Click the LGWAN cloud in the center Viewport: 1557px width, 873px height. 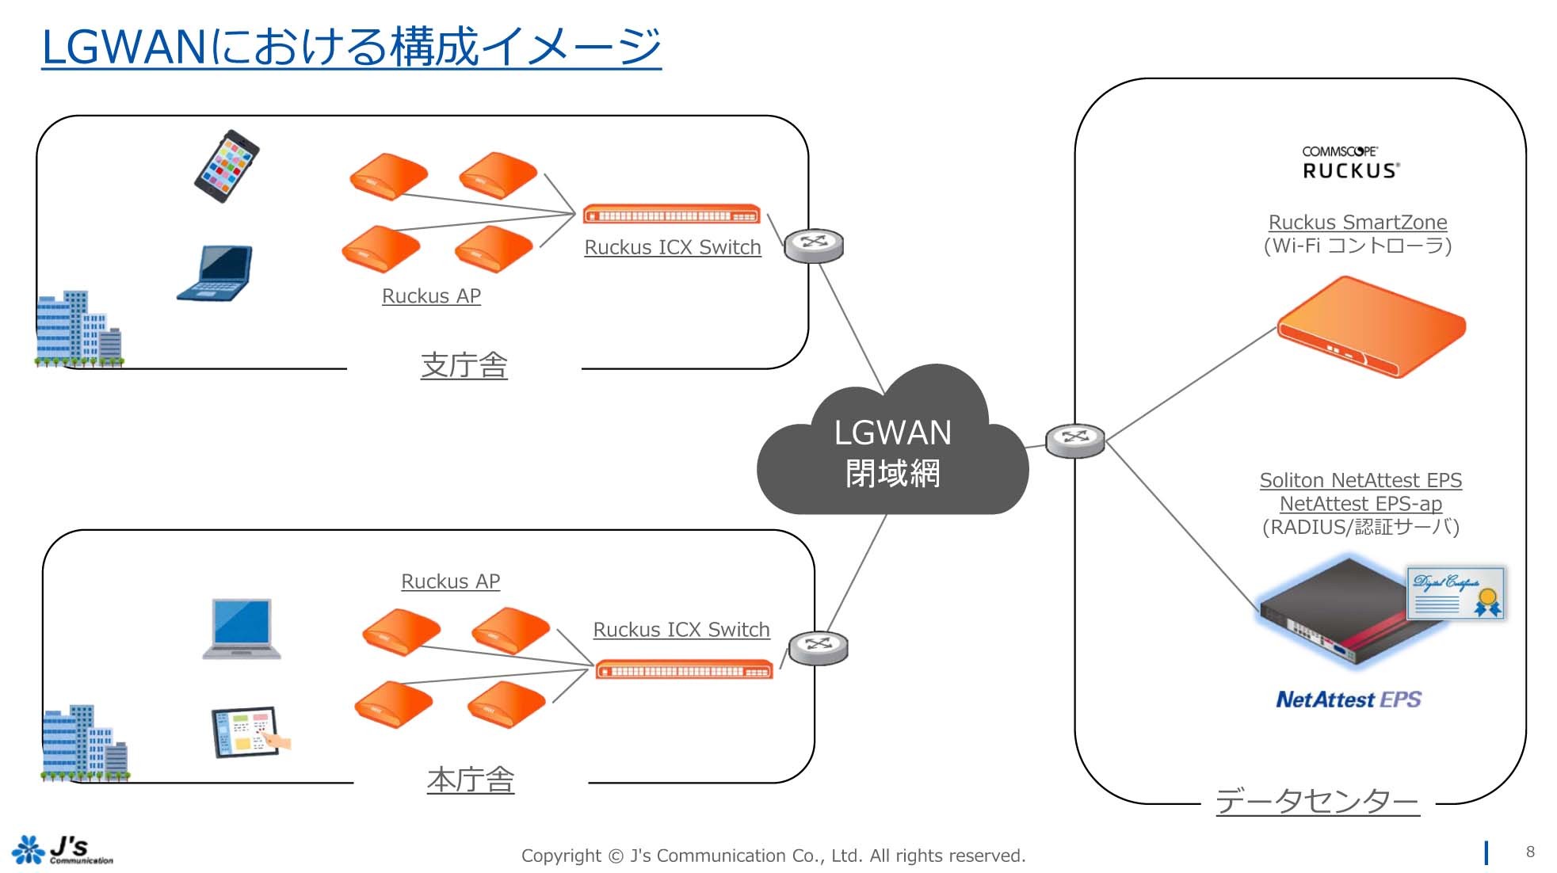pos(892,452)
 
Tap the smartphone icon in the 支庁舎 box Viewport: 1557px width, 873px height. pos(227,166)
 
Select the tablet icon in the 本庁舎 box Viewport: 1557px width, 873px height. pos(247,732)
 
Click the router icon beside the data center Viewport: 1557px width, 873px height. pos(1074,440)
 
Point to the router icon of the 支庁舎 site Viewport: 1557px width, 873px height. pos(814,246)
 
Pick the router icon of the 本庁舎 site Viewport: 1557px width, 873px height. pos(819,648)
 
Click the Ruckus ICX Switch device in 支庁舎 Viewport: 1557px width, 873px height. pos(671,215)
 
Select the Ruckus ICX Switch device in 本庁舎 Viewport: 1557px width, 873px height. pos(684,670)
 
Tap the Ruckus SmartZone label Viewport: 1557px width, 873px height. pos(1357,223)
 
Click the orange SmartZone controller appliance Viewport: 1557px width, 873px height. pos(1372,326)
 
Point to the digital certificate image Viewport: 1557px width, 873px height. pos(1456,593)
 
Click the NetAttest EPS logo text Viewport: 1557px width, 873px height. pos(1348,700)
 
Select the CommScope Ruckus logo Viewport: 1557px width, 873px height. pos(1350,162)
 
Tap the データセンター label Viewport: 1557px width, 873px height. pos(1317,801)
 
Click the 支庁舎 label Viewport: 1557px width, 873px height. pos(464,365)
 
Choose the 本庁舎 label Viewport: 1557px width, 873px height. pos(471,780)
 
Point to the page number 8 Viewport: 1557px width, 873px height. pos(1530,852)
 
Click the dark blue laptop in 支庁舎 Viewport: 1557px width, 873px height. pos(216,273)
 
